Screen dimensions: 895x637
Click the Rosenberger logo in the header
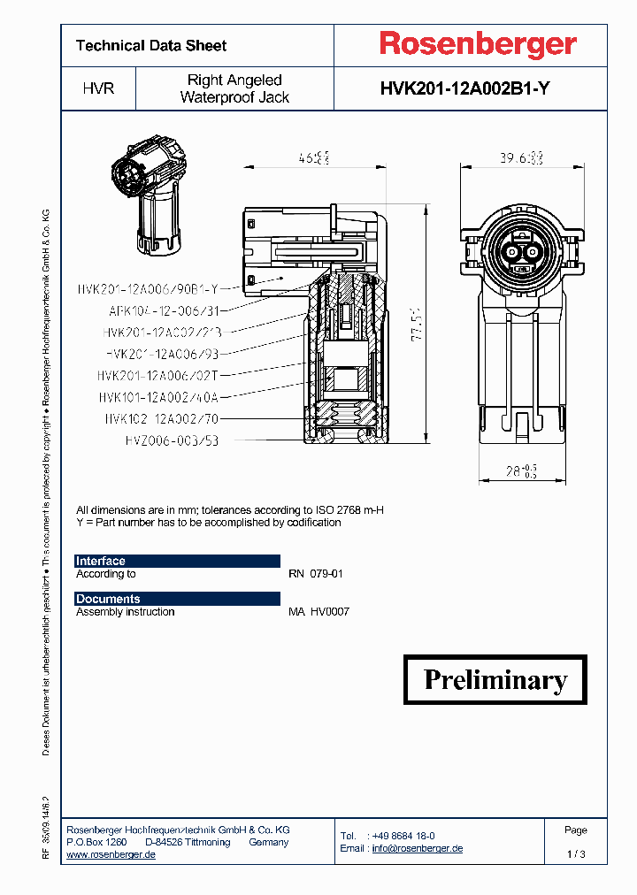478,44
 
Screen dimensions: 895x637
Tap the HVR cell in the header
98,89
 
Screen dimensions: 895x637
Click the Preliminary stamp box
495,679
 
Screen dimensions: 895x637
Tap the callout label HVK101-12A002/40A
158,397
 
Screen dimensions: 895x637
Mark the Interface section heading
101,561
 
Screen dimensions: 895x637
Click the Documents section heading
108,599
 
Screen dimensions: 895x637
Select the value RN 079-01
316,574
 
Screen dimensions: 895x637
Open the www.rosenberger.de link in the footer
111,854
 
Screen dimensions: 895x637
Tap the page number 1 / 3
575,854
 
